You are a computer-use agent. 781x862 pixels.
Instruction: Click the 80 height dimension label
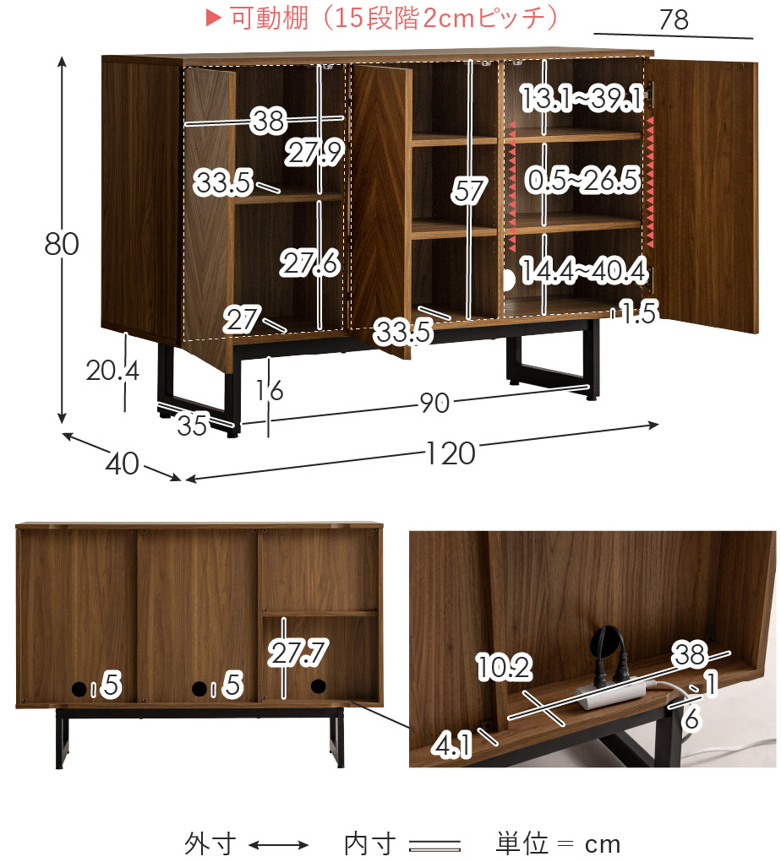(x=62, y=243)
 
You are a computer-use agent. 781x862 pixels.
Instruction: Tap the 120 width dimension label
(x=451, y=453)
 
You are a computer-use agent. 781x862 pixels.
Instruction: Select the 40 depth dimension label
(x=123, y=464)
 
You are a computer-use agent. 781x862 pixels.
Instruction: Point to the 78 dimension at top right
(x=674, y=19)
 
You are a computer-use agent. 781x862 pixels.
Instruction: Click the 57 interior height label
(x=469, y=191)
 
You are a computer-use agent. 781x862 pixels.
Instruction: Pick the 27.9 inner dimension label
(x=314, y=152)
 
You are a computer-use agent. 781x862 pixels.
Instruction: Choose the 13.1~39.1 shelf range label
(x=582, y=99)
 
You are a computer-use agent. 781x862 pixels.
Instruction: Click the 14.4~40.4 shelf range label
(x=584, y=270)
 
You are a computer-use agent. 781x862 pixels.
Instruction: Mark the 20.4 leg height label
(x=112, y=371)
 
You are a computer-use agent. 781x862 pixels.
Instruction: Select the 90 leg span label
(x=434, y=403)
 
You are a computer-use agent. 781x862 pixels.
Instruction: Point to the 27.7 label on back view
(x=298, y=653)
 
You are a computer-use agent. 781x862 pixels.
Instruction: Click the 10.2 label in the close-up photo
(x=504, y=667)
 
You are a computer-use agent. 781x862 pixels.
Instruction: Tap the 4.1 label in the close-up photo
(x=452, y=746)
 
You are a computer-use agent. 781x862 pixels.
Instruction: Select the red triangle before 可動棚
(x=213, y=18)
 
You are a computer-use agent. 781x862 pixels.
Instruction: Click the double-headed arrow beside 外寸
(x=278, y=845)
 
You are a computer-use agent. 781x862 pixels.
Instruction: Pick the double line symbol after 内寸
(x=434, y=845)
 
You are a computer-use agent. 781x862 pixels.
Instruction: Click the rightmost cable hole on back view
(x=318, y=686)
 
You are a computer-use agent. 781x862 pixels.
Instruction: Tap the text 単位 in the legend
(x=522, y=844)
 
